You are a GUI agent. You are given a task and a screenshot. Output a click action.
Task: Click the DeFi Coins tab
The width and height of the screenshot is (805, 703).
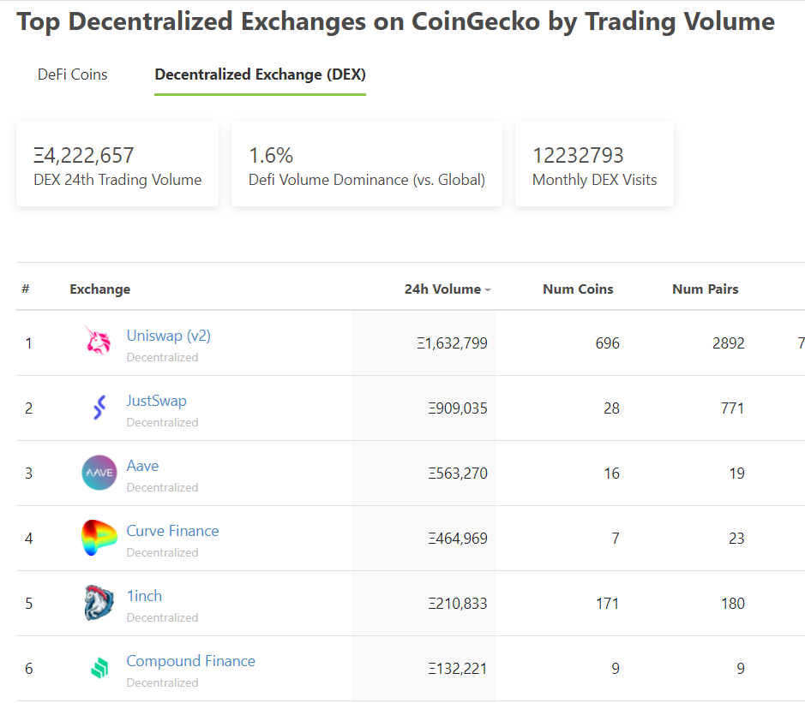point(72,74)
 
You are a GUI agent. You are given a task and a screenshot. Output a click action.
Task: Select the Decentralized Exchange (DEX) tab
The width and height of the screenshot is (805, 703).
point(261,74)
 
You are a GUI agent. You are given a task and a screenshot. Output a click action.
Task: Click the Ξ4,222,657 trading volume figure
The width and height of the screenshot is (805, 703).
point(84,155)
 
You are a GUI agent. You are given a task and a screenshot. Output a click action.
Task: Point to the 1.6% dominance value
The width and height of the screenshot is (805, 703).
point(271,155)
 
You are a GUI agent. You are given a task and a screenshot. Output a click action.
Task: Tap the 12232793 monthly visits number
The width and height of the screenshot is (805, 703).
point(578,155)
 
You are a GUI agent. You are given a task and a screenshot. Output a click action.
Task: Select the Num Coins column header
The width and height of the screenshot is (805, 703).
point(578,289)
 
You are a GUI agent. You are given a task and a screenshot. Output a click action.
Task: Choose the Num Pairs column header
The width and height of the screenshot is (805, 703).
point(706,289)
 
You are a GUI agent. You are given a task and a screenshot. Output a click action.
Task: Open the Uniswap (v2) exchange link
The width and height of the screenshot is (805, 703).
point(168,336)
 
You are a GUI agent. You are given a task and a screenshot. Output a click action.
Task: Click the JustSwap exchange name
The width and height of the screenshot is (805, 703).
point(157,401)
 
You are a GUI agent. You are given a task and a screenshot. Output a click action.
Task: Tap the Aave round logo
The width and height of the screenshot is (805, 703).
point(99,473)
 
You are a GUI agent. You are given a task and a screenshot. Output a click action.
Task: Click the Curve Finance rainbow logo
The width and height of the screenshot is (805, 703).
point(99,538)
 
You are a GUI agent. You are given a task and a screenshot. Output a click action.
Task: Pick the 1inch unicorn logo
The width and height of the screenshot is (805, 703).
point(99,603)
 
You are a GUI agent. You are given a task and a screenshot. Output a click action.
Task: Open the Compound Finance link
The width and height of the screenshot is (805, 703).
point(190,661)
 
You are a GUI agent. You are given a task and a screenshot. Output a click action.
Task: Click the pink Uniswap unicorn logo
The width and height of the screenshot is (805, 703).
point(98,341)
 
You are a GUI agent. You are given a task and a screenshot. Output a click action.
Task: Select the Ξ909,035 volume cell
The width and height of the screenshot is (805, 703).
point(458,408)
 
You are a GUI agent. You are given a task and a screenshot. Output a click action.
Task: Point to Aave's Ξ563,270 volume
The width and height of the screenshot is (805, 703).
point(458,474)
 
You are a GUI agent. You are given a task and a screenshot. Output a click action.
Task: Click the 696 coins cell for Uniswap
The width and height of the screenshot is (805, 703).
point(607,343)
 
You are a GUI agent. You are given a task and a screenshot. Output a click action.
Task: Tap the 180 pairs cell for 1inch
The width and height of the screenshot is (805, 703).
point(733,604)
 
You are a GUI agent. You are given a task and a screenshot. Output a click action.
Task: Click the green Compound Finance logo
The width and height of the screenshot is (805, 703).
point(99,668)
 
